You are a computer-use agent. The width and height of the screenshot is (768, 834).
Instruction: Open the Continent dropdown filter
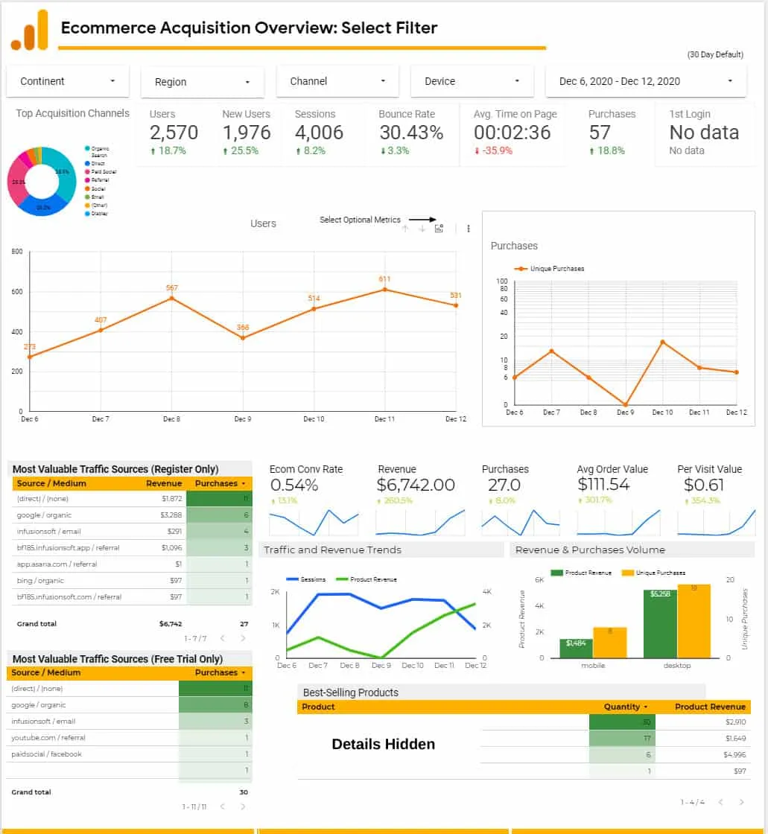(x=68, y=81)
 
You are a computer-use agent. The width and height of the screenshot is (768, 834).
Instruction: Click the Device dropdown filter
(x=472, y=81)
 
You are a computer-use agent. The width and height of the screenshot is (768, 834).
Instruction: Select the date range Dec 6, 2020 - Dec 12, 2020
(x=645, y=81)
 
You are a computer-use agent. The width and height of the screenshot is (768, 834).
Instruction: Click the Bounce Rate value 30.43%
(x=410, y=133)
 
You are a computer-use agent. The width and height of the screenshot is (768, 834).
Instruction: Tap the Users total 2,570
(x=174, y=133)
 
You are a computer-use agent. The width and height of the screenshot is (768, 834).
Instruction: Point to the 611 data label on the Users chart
(x=384, y=279)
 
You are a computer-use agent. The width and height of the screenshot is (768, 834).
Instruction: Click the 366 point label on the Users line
(x=242, y=328)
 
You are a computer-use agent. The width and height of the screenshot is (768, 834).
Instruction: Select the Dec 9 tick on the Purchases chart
(x=626, y=412)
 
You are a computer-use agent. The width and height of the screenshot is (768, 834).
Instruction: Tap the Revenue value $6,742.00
(x=416, y=485)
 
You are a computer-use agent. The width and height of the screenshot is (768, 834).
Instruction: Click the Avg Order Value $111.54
(x=603, y=485)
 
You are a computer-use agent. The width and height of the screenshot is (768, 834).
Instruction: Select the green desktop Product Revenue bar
(x=660, y=624)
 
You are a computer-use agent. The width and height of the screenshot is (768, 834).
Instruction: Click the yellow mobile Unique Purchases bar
(x=609, y=643)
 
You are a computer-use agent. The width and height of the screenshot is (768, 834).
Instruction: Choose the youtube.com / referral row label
(x=48, y=738)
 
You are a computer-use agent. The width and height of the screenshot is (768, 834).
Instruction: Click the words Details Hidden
(x=383, y=744)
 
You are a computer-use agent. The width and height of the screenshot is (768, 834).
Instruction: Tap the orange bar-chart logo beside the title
(x=30, y=31)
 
